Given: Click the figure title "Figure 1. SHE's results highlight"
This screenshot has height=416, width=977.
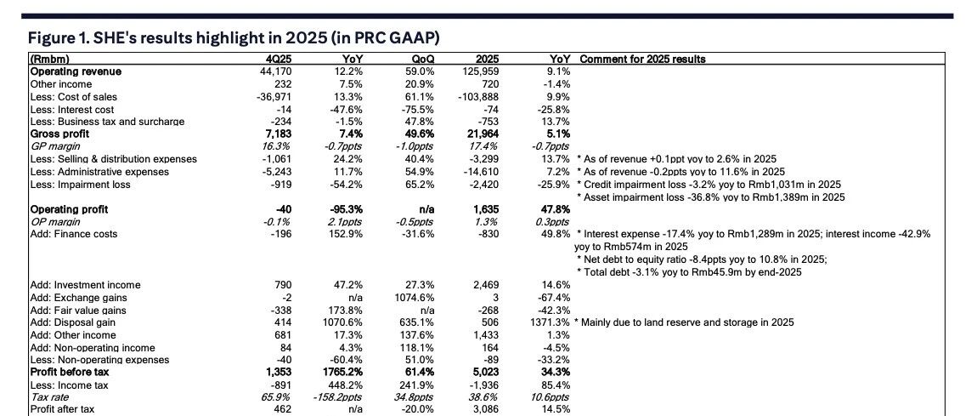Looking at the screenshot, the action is (138, 38).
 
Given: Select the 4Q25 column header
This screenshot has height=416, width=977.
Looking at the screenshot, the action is (279, 60).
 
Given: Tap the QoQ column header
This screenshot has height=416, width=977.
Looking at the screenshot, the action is (422, 60).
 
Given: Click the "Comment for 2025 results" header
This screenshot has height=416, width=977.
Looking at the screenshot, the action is (642, 60).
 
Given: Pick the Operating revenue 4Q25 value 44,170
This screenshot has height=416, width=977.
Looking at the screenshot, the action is (276, 71).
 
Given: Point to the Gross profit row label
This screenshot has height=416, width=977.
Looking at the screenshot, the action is (59, 134).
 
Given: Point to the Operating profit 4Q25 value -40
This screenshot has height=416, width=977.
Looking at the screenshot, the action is (284, 209).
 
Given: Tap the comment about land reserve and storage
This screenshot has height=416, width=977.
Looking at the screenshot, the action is (684, 322).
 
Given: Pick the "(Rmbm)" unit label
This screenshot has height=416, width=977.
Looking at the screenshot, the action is (49, 60).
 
